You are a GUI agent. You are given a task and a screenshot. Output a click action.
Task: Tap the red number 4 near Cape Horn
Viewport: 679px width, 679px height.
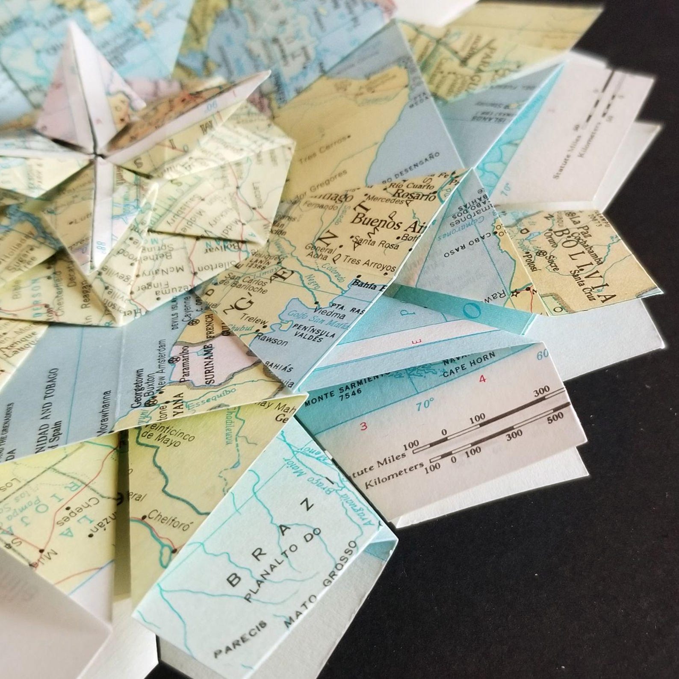tap(483, 379)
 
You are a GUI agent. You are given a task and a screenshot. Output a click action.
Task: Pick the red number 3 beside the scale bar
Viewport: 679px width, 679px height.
tap(364, 426)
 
